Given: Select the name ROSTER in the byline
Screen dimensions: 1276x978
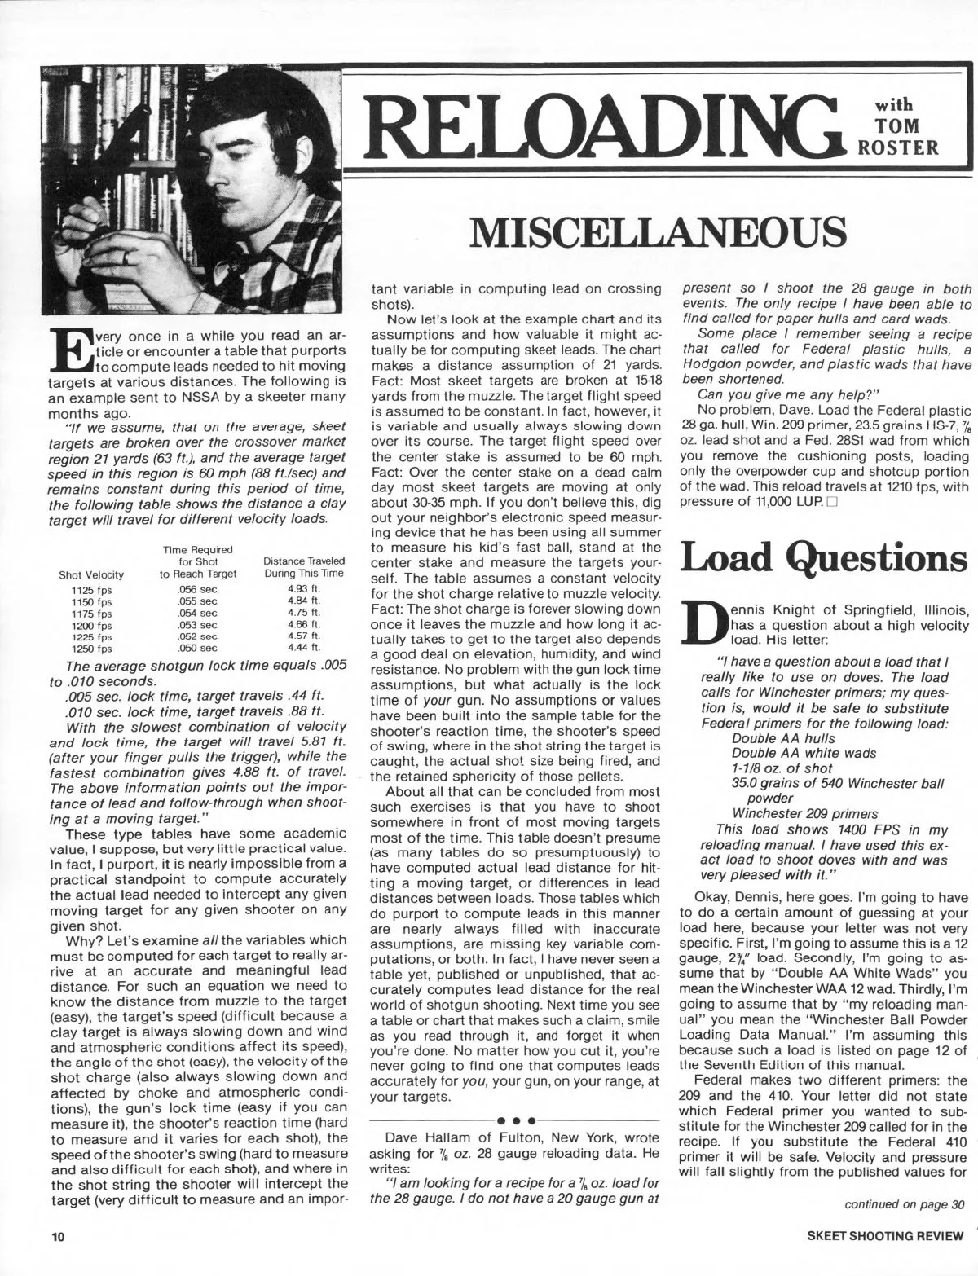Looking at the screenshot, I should (913, 146).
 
